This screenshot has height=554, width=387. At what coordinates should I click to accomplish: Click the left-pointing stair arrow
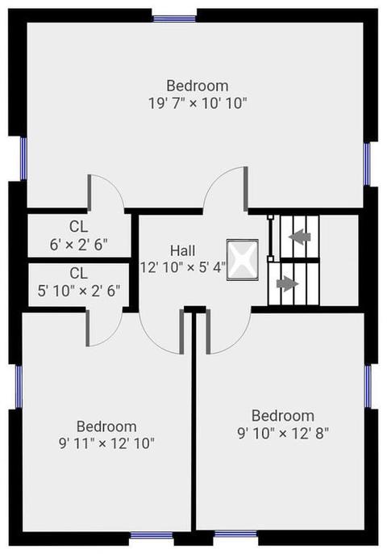(x=299, y=236)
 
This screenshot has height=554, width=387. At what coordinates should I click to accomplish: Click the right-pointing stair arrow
(x=288, y=283)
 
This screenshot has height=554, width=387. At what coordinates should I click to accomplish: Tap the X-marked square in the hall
(x=243, y=260)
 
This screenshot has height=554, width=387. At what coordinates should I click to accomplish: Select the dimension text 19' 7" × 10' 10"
(x=198, y=103)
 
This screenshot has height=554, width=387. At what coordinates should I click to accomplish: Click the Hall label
(x=183, y=251)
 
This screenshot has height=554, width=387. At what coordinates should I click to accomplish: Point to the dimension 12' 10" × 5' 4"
(x=183, y=267)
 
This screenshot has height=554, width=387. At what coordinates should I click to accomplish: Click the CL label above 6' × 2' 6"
(x=78, y=227)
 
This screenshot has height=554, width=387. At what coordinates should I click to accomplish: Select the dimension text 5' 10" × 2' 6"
(x=79, y=291)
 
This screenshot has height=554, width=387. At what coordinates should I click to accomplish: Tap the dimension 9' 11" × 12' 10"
(x=106, y=443)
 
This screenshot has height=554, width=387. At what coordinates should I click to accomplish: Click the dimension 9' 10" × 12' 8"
(x=283, y=433)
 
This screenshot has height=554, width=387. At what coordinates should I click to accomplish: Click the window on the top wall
(x=175, y=19)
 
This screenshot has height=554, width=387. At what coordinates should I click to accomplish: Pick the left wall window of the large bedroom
(x=23, y=158)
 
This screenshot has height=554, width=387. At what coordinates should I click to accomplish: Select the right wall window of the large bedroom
(x=367, y=164)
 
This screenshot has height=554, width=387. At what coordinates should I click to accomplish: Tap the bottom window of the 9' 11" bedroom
(x=152, y=535)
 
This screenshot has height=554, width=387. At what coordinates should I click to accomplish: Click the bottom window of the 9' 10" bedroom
(x=235, y=534)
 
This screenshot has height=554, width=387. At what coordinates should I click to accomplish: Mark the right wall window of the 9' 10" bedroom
(x=368, y=387)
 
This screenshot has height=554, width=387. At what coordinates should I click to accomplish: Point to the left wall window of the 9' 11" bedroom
(x=19, y=388)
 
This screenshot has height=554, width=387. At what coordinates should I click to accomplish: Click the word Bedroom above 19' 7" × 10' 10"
(x=198, y=86)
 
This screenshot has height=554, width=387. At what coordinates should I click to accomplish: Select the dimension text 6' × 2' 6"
(x=78, y=244)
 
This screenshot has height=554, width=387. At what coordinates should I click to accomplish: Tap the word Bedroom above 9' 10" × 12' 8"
(x=283, y=416)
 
